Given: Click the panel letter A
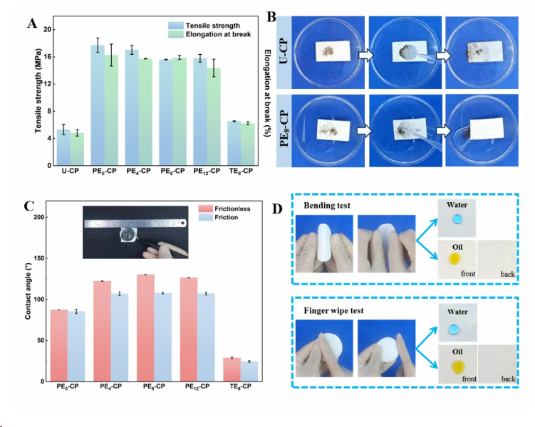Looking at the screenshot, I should tap(32, 21).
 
